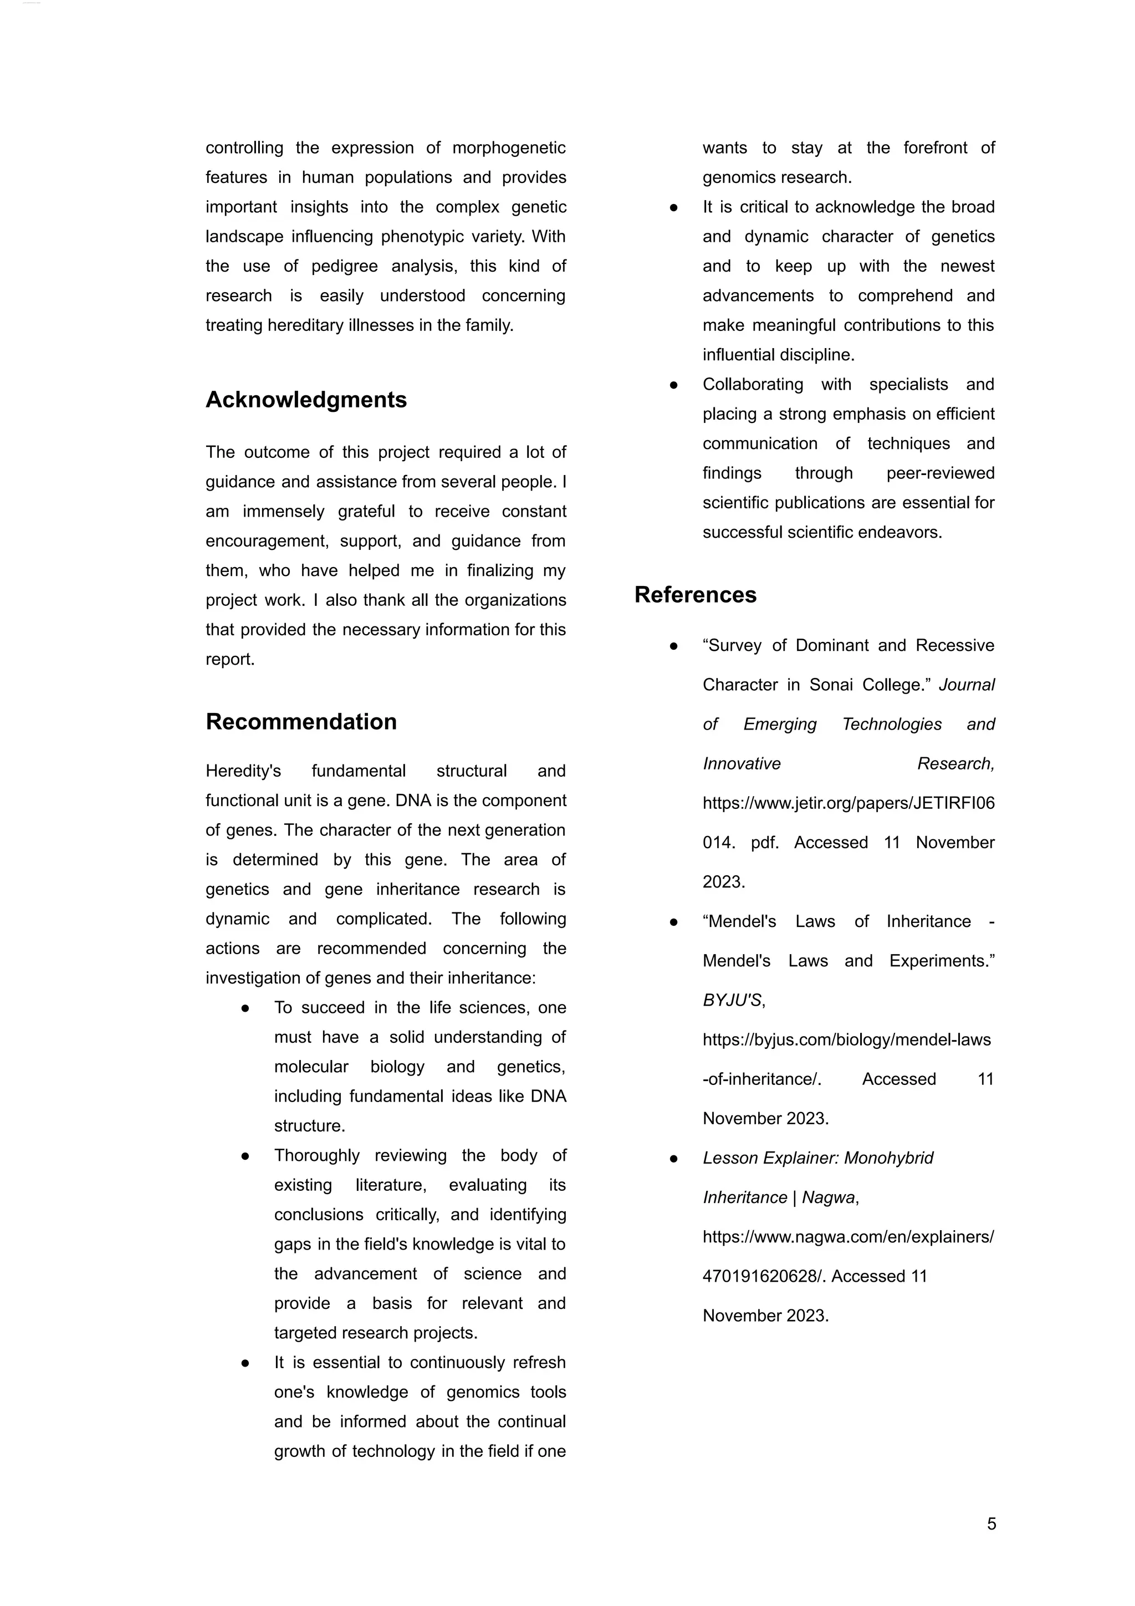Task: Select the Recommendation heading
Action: click(x=301, y=721)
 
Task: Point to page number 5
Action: click(x=991, y=1523)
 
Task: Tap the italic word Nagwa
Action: click(x=828, y=1197)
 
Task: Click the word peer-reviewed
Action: click(x=940, y=473)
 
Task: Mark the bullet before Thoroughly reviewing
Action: click(x=246, y=1157)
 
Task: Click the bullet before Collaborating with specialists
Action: click(x=673, y=385)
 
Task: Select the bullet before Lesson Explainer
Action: click(x=673, y=1159)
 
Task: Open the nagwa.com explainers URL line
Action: click(x=847, y=1237)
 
